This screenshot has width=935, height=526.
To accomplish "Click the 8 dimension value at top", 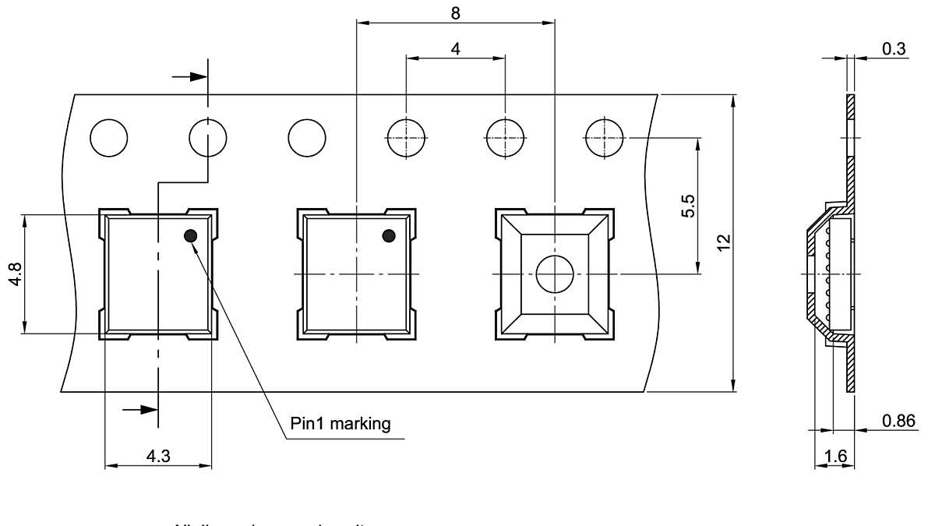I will (x=455, y=12).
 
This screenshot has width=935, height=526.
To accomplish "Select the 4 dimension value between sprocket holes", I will (x=455, y=48).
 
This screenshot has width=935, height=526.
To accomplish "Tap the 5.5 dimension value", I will (x=688, y=206).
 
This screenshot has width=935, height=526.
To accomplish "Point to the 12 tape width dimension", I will (x=725, y=242).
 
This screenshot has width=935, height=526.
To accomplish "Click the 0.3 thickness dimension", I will (x=894, y=48).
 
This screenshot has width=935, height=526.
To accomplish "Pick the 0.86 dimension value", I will (x=898, y=421).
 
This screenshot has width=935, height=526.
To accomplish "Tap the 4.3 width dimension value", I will (x=158, y=456).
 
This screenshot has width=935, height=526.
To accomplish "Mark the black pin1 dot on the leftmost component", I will (x=190, y=235).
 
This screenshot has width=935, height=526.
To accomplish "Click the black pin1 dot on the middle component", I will (x=389, y=235).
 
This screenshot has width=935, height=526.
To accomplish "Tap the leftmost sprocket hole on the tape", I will (x=108, y=138).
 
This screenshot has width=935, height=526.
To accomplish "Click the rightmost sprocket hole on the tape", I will (x=604, y=138).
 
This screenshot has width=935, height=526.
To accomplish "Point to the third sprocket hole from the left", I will (x=306, y=138).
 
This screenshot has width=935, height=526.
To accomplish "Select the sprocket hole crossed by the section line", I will (x=208, y=138).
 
